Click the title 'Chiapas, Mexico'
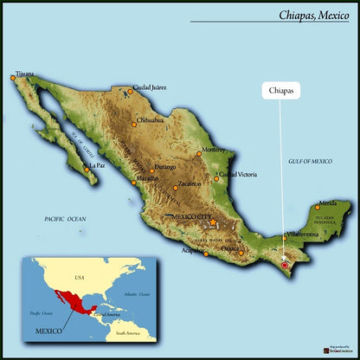coord(313,15)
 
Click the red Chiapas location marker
coord(285,265)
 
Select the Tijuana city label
coord(24,74)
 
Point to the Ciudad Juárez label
coord(149,87)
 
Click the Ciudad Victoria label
coord(237,176)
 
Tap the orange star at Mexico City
coord(213,223)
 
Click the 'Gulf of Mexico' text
coord(310,161)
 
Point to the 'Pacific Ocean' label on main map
coord(66,220)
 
